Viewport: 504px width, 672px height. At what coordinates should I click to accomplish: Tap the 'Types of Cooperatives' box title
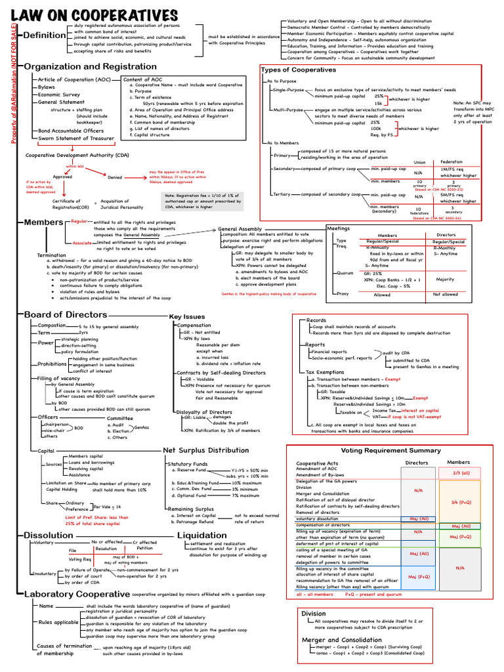click(299, 70)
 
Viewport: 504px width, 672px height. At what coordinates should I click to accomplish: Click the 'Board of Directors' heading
click(66, 314)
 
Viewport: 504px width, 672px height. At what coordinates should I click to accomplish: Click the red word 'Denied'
click(115, 176)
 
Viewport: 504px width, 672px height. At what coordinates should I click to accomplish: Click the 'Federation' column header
click(451, 161)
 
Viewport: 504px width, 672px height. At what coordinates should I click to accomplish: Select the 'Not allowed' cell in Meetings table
click(446, 295)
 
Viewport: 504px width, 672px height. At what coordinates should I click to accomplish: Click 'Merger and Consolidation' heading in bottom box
click(341, 639)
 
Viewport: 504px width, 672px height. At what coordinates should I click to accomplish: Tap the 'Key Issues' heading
click(187, 317)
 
